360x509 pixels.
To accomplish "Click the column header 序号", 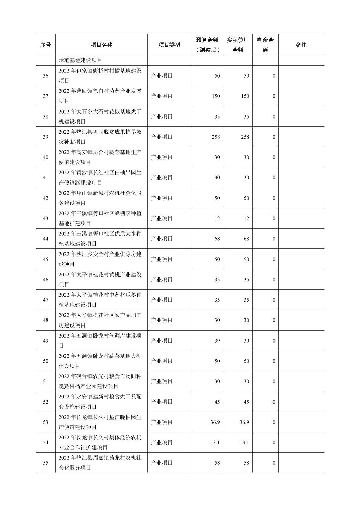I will click(x=45, y=45).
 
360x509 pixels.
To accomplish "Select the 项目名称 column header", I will click(x=101, y=45).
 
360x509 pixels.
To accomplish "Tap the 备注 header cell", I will click(x=301, y=45).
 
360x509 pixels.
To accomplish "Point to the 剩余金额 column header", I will click(x=265, y=45).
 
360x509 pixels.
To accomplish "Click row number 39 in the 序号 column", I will click(x=45, y=137).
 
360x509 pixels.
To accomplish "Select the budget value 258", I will click(x=216, y=137).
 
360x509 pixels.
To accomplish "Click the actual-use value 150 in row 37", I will click(x=245, y=96).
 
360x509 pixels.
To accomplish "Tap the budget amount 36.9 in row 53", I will click(x=215, y=422).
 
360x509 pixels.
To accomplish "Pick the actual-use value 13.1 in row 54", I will click(x=244, y=443).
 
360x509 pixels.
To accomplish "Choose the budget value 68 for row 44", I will click(x=217, y=239).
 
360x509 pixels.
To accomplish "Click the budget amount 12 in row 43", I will click(x=217, y=218).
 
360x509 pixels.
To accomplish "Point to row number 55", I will click(x=45, y=463).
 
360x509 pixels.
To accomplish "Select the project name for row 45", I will click(x=100, y=259).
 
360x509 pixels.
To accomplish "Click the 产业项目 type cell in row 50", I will click(x=162, y=361).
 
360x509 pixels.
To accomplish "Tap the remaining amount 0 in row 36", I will click(x=274, y=76).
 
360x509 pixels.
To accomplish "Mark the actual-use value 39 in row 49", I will click(x=246, y=341).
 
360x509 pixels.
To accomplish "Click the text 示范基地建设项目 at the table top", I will click(x=80, y=60).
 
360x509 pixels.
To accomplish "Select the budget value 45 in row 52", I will click(x=217, y=402).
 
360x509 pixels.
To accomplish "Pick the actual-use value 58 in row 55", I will click(x=246, y=463).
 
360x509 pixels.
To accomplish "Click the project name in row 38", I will click(x=100, y=117).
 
